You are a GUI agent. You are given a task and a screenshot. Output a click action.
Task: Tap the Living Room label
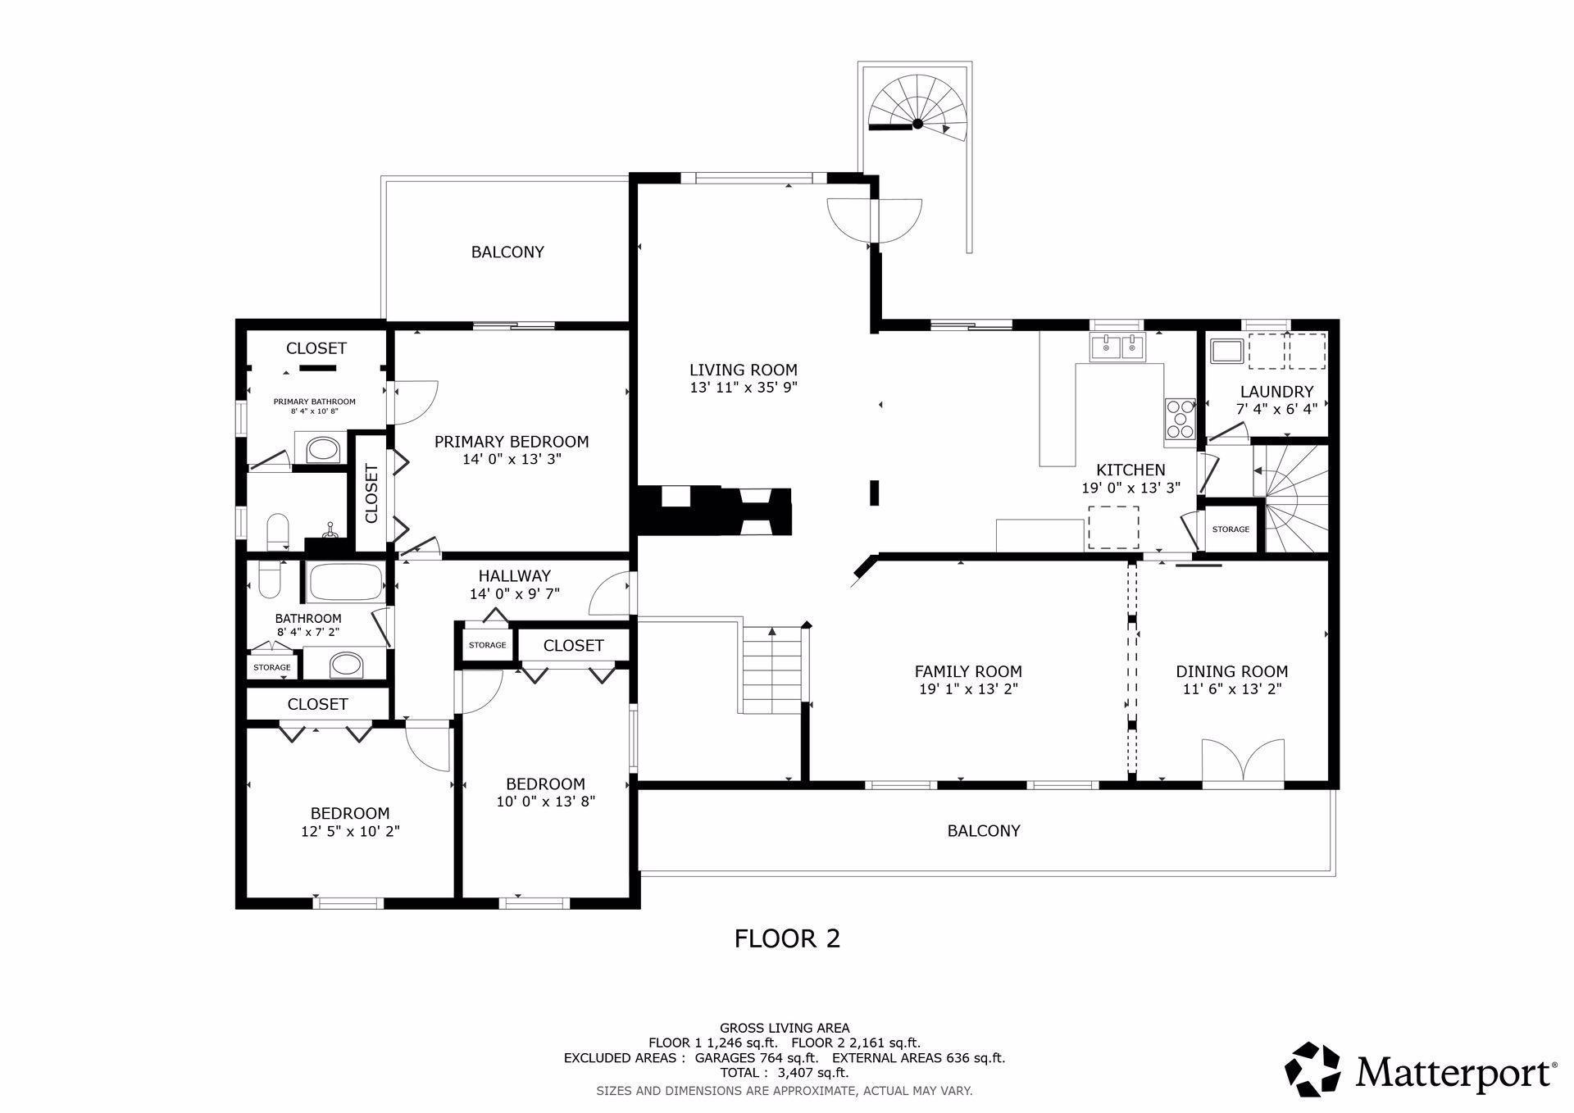pos(743,370)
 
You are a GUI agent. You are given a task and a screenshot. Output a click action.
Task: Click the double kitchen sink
pos(1117,348)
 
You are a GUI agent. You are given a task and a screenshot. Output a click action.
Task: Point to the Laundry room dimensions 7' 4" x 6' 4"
pos(1276,408)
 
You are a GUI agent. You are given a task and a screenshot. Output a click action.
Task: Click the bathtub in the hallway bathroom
pos(345,582)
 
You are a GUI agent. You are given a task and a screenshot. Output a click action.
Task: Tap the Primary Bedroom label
pos(511,442)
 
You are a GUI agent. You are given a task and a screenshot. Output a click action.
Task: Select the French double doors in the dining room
pos(1243,762)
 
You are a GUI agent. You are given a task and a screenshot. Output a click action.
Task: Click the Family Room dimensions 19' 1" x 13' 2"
pos(968,689)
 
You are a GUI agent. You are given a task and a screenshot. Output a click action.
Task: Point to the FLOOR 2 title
pos(787,938)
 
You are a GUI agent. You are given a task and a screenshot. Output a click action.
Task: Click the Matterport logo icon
pos(1312,1069)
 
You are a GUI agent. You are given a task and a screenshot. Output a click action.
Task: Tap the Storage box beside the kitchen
pos(1231,529)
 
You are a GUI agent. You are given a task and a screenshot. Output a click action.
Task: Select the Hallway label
pos(514,575)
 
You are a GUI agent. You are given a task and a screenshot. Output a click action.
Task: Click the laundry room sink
pos(1227,351)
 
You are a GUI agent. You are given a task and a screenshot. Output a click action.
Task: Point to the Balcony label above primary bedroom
pos(507,252)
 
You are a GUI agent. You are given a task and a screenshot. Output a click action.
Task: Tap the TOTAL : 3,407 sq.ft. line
pos(784,1072)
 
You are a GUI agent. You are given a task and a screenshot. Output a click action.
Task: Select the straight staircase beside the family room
pos(771,669)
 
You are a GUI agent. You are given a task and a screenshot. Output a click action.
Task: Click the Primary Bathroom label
pos(314,402)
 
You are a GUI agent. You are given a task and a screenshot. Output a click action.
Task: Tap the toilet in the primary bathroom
pos(278,532)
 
